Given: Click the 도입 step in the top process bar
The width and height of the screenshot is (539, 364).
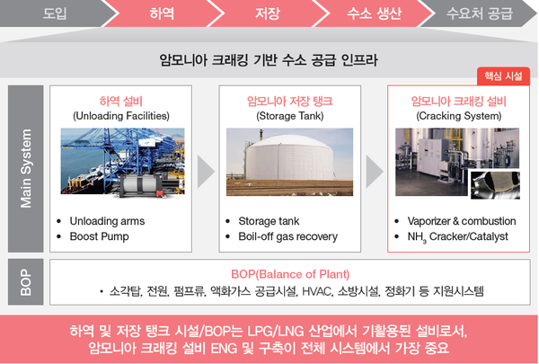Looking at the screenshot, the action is pyautogui.click(x=55, y=13).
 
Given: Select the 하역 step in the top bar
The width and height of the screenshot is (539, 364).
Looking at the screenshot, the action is pyautogui.click(x=162, y=13).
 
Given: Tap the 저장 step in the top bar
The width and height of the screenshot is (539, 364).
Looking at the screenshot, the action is pyautogui.click(x=268, y=13).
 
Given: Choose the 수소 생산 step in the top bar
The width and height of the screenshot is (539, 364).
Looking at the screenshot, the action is pyautogui.click(x=374, y=13).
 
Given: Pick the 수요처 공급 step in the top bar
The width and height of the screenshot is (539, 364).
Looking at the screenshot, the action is pyautogui.click(x=480, y=13).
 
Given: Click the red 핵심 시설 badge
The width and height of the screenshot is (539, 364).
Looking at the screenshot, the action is pyautogui.click(x=503, y=76).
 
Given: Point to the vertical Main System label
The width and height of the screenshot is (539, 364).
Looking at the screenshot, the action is pyautogui.click(x=26, y=169).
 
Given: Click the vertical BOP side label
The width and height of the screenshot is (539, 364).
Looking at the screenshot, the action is pyautogui.click(x=26, y=282).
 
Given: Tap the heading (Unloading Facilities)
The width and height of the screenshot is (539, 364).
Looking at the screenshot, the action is pyautogui.click(x=121, y=116).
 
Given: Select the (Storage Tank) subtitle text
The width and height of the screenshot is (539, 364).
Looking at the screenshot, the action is pyautogui.click(x=290, y=116).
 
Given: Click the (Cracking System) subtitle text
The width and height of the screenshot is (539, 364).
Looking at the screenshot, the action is pyautogui.click(x=458, y=116).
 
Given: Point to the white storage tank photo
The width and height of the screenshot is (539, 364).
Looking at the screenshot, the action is pyautogui.click(x=289, y=162).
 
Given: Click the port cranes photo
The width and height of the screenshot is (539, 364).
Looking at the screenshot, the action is pyautogui.click(x=123, y=161).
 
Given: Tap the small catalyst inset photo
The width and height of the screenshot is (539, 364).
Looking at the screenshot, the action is pyautogui.click(x=495, y=185).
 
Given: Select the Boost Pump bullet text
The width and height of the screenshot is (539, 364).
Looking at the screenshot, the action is pyautogui.click(x=100, y=236).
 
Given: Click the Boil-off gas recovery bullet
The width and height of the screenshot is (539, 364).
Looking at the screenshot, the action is pyautogui.click(x=288, y=236).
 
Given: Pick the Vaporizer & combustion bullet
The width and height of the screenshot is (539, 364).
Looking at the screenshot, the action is pyautogui.click(x=462, y=221).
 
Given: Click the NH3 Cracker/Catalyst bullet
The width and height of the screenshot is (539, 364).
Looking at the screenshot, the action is pyautogui.click(x=457, y=236).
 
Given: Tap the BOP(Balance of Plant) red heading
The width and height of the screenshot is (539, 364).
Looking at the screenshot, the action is pyautogui.click(x=290, y=274).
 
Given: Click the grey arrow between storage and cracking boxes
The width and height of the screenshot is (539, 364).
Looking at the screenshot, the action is pyautogui.click(x=374, y=172).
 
